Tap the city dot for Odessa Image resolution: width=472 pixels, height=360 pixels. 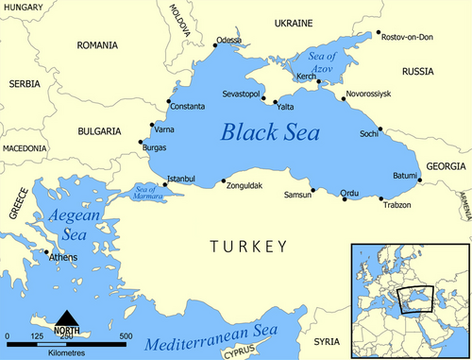[214, 43]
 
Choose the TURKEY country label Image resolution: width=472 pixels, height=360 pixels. [248, 247]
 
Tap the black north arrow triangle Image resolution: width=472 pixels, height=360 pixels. [66, 317]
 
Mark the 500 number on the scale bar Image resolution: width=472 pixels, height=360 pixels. [125, 336]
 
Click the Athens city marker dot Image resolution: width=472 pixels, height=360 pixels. [46, 251]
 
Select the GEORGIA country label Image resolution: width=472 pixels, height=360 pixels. [445, 166]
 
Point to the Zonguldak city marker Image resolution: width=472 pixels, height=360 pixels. [223, 181]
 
